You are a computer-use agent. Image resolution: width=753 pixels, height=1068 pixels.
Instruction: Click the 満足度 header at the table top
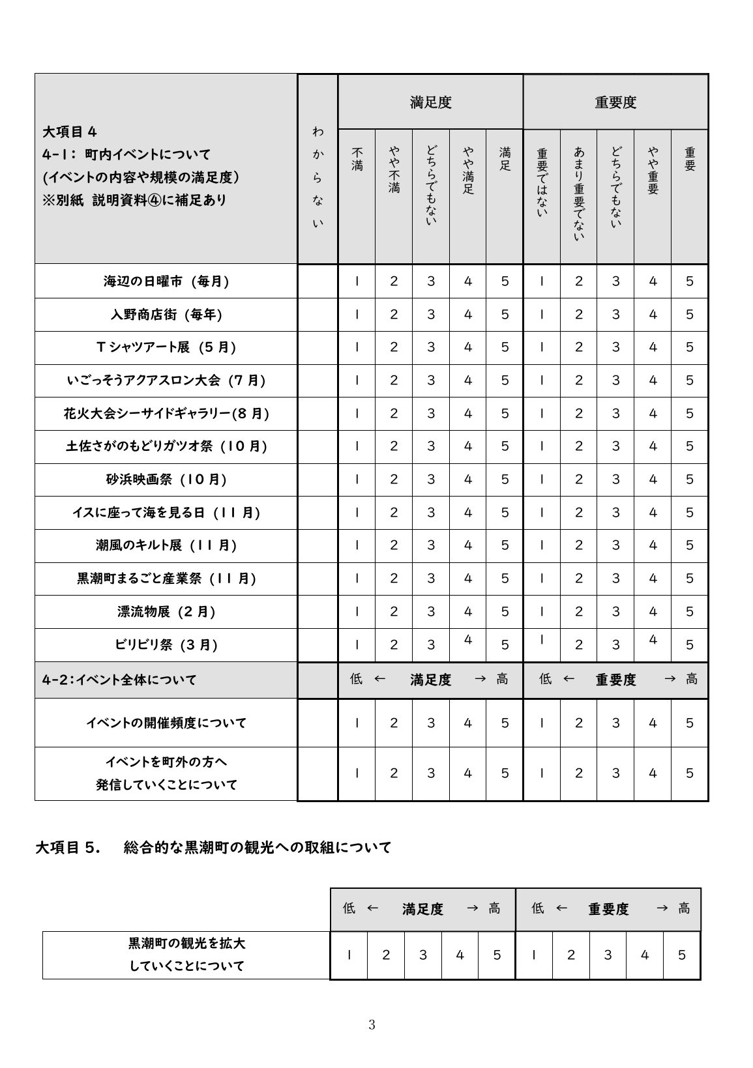pyautogui.click(x=430, y=102)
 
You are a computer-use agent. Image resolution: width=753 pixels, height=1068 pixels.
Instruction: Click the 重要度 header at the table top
pyautogui.click(x=615, y=102)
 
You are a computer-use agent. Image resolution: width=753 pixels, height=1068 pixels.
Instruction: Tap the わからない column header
pyautogui.click(x=317, y=177)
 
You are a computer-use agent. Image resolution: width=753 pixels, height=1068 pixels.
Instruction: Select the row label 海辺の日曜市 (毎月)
pyautogui.click(x=166, y=281)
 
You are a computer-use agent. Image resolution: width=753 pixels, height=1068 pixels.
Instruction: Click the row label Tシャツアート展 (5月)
pyautogui.click(x=166, y=347)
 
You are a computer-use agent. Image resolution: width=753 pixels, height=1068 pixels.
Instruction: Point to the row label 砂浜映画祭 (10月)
pyautogui.click(x=166, y=480)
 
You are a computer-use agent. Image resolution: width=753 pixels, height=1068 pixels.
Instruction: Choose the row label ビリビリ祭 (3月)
pyautogui.click(x=166, y=645)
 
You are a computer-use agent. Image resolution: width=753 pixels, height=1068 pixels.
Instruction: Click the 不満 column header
pyautogui.click(x=357, y=160)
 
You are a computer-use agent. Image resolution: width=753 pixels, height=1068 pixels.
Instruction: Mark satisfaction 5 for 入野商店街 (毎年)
pyautogui.click(x=505, y=315)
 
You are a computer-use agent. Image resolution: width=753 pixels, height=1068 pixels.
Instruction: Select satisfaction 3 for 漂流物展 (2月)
pyautogui.click(x=430, y=612)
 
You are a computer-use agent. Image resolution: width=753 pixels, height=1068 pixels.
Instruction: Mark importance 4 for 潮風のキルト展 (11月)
pyautogui.click(x=653, y=545)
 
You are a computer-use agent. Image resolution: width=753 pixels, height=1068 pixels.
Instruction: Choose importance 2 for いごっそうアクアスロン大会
pyautogui.click(x=578, y=381)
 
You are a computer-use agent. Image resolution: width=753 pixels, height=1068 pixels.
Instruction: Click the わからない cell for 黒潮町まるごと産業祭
pyautogui.click(x=317, y=579)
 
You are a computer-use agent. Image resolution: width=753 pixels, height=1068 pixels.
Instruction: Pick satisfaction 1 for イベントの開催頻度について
pyautogui.click(x=357, y=723)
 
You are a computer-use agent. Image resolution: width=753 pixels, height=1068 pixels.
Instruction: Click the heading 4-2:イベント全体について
pyautogui.click(x=119, y=680)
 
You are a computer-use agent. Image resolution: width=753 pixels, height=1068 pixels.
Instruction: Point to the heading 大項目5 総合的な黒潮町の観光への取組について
pyautogui.click(x=213, y=848)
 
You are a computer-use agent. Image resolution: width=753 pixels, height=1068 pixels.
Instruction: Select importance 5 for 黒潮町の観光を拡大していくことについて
pyautogui.click(x=681, y=955)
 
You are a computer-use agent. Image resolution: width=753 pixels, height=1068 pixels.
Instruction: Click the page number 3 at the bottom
pyautogui.click(x=372, y=1025)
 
